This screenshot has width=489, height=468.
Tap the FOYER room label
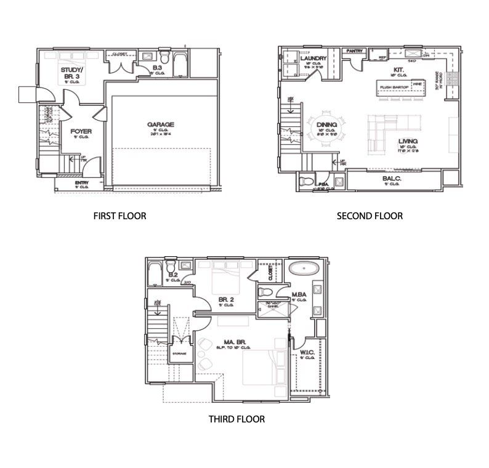[81, 131]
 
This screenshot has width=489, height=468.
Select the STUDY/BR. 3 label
[72, 75]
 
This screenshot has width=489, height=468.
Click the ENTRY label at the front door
[81, 183]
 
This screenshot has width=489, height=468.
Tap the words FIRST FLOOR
[119, 216]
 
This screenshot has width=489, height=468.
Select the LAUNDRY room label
[313, 58]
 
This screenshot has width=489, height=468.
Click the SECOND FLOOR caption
[370, 216]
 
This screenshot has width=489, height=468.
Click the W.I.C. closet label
[307, 353]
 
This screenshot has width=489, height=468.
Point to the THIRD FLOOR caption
[237, 419]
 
